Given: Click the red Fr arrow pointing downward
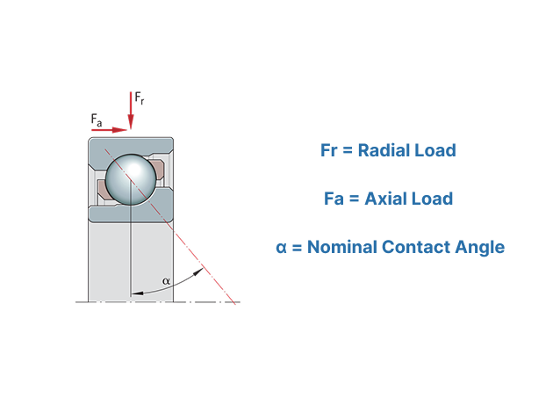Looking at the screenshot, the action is (131, 111).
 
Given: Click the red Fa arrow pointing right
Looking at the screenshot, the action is (109, 130).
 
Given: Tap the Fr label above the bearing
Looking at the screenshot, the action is (140, 98).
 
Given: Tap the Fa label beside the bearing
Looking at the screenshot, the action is (97, 120).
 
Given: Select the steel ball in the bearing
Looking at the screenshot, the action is (131, 179).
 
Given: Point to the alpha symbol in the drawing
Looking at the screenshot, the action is (166, 281).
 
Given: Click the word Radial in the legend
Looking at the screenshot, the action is (384, 150).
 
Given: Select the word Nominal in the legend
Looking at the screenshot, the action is (342, 247).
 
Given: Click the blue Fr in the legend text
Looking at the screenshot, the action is (329, 150).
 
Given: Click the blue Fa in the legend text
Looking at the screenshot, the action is (334, 199).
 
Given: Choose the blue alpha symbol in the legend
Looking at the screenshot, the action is (281, 248).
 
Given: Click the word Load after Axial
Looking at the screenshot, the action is (433, 199).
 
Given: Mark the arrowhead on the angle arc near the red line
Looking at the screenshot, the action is (199, 271).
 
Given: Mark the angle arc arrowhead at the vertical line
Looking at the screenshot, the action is (136, 293).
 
